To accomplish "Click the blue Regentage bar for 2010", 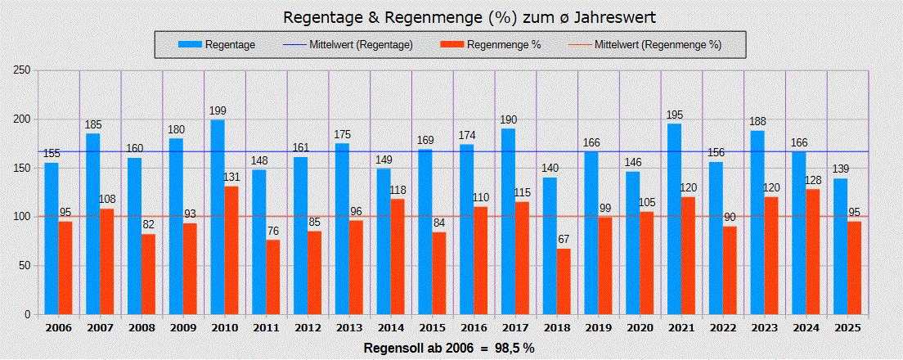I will (218, 217).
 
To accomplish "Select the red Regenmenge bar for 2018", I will (564, 281).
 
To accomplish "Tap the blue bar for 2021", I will (674, 218).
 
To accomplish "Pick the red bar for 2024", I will (813, 251).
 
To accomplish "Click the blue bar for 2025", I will (840, 246).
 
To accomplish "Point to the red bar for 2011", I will (272, 277).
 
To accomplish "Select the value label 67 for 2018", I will (564, 240).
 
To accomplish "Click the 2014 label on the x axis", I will (390, 327).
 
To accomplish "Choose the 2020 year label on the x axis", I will (640, 327).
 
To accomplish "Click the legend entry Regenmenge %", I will (504, 45).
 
